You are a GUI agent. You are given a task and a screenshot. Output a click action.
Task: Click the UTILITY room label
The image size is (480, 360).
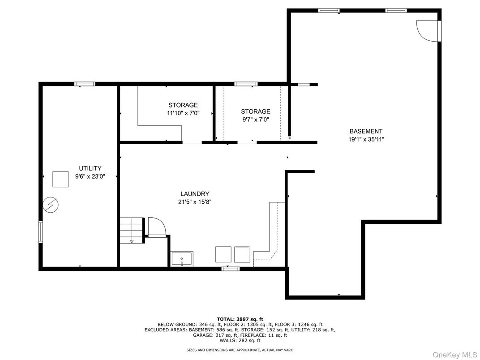(x=90, y=168)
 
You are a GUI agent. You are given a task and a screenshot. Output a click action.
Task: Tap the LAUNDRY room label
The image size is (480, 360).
(x=195, y=194)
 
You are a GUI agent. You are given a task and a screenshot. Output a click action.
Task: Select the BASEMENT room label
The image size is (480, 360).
(x=366, y=131)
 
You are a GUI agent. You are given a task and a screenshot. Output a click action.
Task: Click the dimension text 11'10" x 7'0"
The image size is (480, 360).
(x=183, y=113)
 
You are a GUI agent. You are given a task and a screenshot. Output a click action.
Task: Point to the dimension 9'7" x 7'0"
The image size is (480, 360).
(x=256, y=120)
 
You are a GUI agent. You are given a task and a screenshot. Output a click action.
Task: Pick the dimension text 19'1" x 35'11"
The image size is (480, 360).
(x=366, y=140)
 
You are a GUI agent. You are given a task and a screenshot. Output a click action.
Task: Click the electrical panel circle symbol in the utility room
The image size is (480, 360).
(x=51, y=204)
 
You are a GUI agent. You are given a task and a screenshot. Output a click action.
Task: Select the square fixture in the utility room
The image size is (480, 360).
(x=60, y=179)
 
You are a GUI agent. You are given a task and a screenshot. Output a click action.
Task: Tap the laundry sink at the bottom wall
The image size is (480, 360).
(x=182, y=259)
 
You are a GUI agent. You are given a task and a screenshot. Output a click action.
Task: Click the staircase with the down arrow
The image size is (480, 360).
(x=132, y=230)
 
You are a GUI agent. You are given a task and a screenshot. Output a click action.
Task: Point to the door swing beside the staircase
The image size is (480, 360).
(x=157, y=226)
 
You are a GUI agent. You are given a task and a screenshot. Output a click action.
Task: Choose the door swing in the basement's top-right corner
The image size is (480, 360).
(x=427, y=30)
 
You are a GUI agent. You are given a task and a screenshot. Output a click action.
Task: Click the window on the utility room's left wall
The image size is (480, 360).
(x=40, y=232)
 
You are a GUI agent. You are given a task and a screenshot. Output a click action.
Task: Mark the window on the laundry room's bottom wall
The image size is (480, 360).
(x=231, y=269)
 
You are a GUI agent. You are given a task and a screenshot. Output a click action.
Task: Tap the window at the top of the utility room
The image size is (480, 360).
(x=85, y=84)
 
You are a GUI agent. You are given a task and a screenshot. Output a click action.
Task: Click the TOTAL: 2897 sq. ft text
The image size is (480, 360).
(x=240, y=319)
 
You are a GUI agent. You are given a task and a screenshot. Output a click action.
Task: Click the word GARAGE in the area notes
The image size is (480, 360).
(x=203, y=335)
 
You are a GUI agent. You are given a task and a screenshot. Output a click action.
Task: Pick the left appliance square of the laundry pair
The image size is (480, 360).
(x=223, y=254)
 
